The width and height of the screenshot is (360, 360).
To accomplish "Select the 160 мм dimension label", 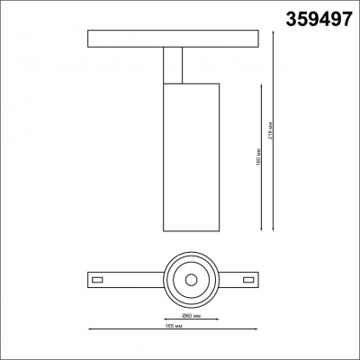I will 256,156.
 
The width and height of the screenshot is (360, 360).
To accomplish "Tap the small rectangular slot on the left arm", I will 97,281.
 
